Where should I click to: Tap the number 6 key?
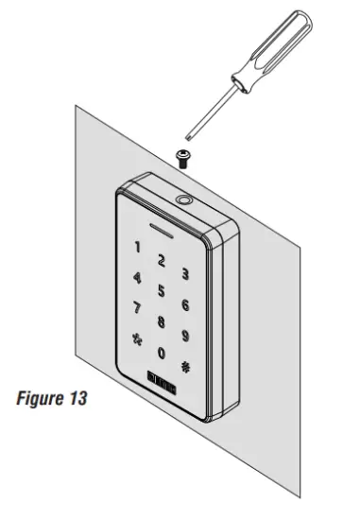click(x=185, y=304)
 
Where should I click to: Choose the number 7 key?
click(x=137, y=308)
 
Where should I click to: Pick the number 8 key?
click(x=162, y=322)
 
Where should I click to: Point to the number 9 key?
click(x=186, y=335)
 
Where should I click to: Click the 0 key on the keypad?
click(x=162, y=354)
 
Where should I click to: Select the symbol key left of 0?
click(x=137, y=338)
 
